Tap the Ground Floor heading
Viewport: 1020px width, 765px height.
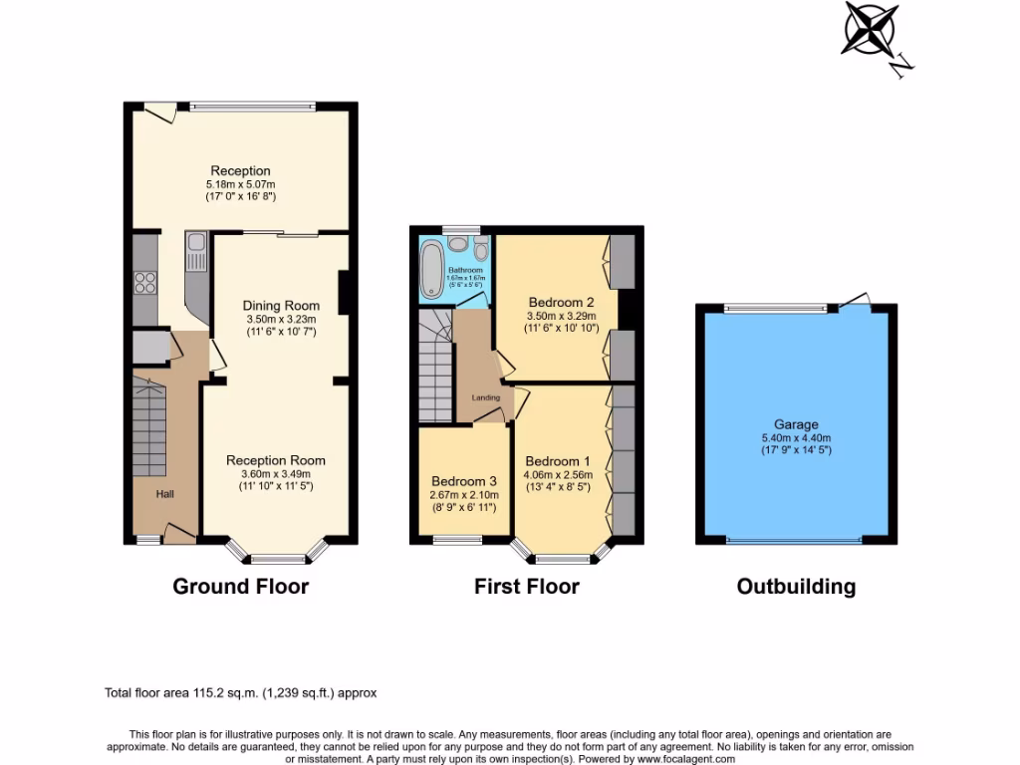241,586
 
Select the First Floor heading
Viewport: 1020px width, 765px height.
526,586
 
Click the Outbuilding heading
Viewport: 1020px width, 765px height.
796,586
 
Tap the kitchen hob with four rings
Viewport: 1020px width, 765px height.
145,282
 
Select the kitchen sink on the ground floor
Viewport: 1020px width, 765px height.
195,241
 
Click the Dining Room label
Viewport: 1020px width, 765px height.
282,306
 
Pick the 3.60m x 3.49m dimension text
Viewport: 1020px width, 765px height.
276,474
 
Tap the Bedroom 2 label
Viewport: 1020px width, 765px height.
561,303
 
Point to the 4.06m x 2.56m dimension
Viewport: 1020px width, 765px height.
559,475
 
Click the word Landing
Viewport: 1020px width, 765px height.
486,397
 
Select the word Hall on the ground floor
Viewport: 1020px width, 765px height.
165,493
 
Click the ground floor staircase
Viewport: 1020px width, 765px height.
149,418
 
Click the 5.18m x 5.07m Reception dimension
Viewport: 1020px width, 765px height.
240,184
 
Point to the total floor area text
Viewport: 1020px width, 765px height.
240,692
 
